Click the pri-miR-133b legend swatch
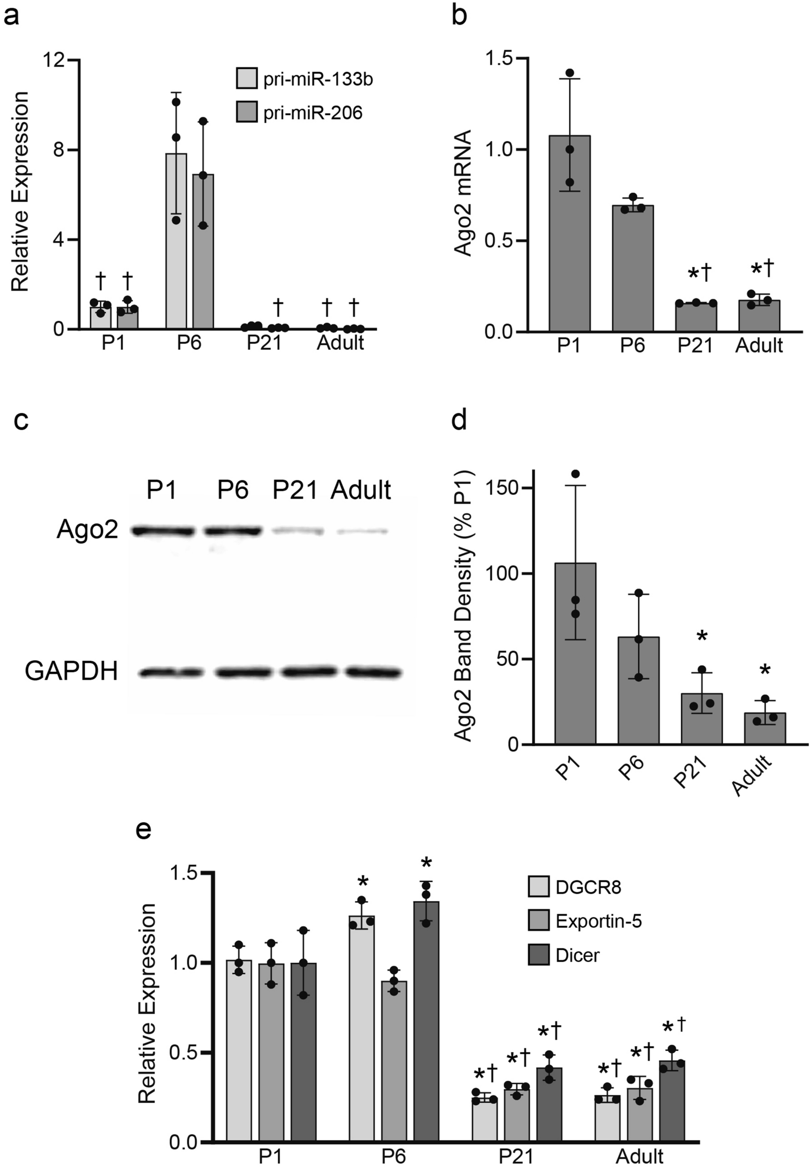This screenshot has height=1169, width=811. coord(247,80)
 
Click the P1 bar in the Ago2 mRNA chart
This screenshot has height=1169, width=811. coord(569,234)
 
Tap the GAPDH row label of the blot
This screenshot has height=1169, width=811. coord(71,671)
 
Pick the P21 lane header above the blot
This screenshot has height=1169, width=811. coord(295,490)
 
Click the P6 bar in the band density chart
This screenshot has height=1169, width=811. coord(638,690)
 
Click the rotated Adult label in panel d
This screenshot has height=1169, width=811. coord(752,776)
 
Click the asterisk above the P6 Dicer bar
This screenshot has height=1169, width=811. coord(426,863)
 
